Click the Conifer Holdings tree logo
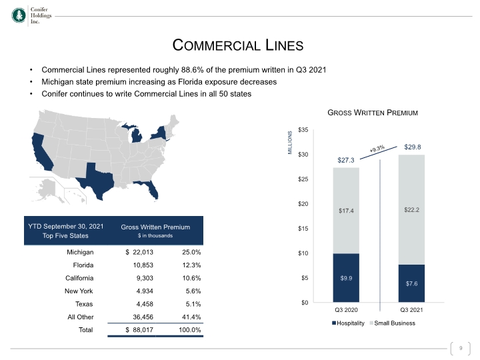coord(19,15)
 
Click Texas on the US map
coord(97,181)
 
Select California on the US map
coord(42,152)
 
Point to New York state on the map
coord(160,133)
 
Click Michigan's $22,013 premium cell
coord(139,252)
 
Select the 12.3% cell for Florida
coord(191,265)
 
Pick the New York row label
coord(79,291)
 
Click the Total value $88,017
coord(139,330)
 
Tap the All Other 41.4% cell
coord(191,317)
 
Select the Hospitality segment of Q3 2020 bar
coord(346,277)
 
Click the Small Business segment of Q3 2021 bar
coord(411,210)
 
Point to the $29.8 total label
coord(413,147)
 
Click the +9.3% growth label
coord(377,149)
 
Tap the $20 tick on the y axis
coord(303,204)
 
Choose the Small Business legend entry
coord(393,323)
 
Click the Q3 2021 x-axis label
coord(411,310)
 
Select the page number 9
coord(461,348)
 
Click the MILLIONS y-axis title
coord(290,143)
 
